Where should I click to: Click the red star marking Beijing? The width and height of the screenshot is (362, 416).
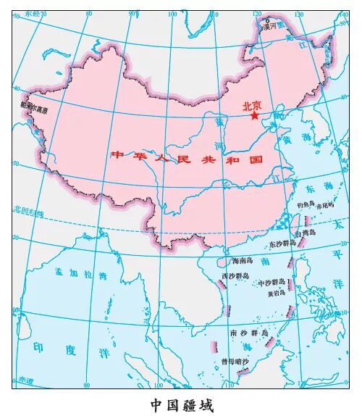click(x=254, y=115)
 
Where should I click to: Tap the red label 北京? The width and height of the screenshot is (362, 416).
click(x=253, y=104)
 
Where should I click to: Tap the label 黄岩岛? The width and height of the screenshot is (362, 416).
click(x=276, y=293)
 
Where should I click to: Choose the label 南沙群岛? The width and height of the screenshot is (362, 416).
click(x=248, y=333)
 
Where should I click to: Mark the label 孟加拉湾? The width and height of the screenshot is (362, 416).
click(x=80, y=275)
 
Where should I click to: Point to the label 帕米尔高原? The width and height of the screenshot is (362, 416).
click(x=35, y=111)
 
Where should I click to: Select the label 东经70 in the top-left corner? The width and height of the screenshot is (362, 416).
click(x=32, y=14)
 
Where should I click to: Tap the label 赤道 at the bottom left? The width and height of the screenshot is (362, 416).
click(x=25, y=379)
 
